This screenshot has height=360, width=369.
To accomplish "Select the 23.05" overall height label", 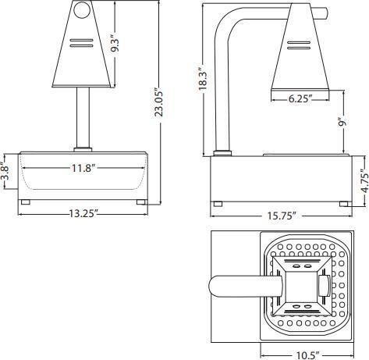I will pos(161,102).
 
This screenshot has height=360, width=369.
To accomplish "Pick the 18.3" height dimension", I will pos(204,78).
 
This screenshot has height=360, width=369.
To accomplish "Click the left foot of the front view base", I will pos(25,202).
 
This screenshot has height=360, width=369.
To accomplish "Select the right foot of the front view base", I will pos(141,202).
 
